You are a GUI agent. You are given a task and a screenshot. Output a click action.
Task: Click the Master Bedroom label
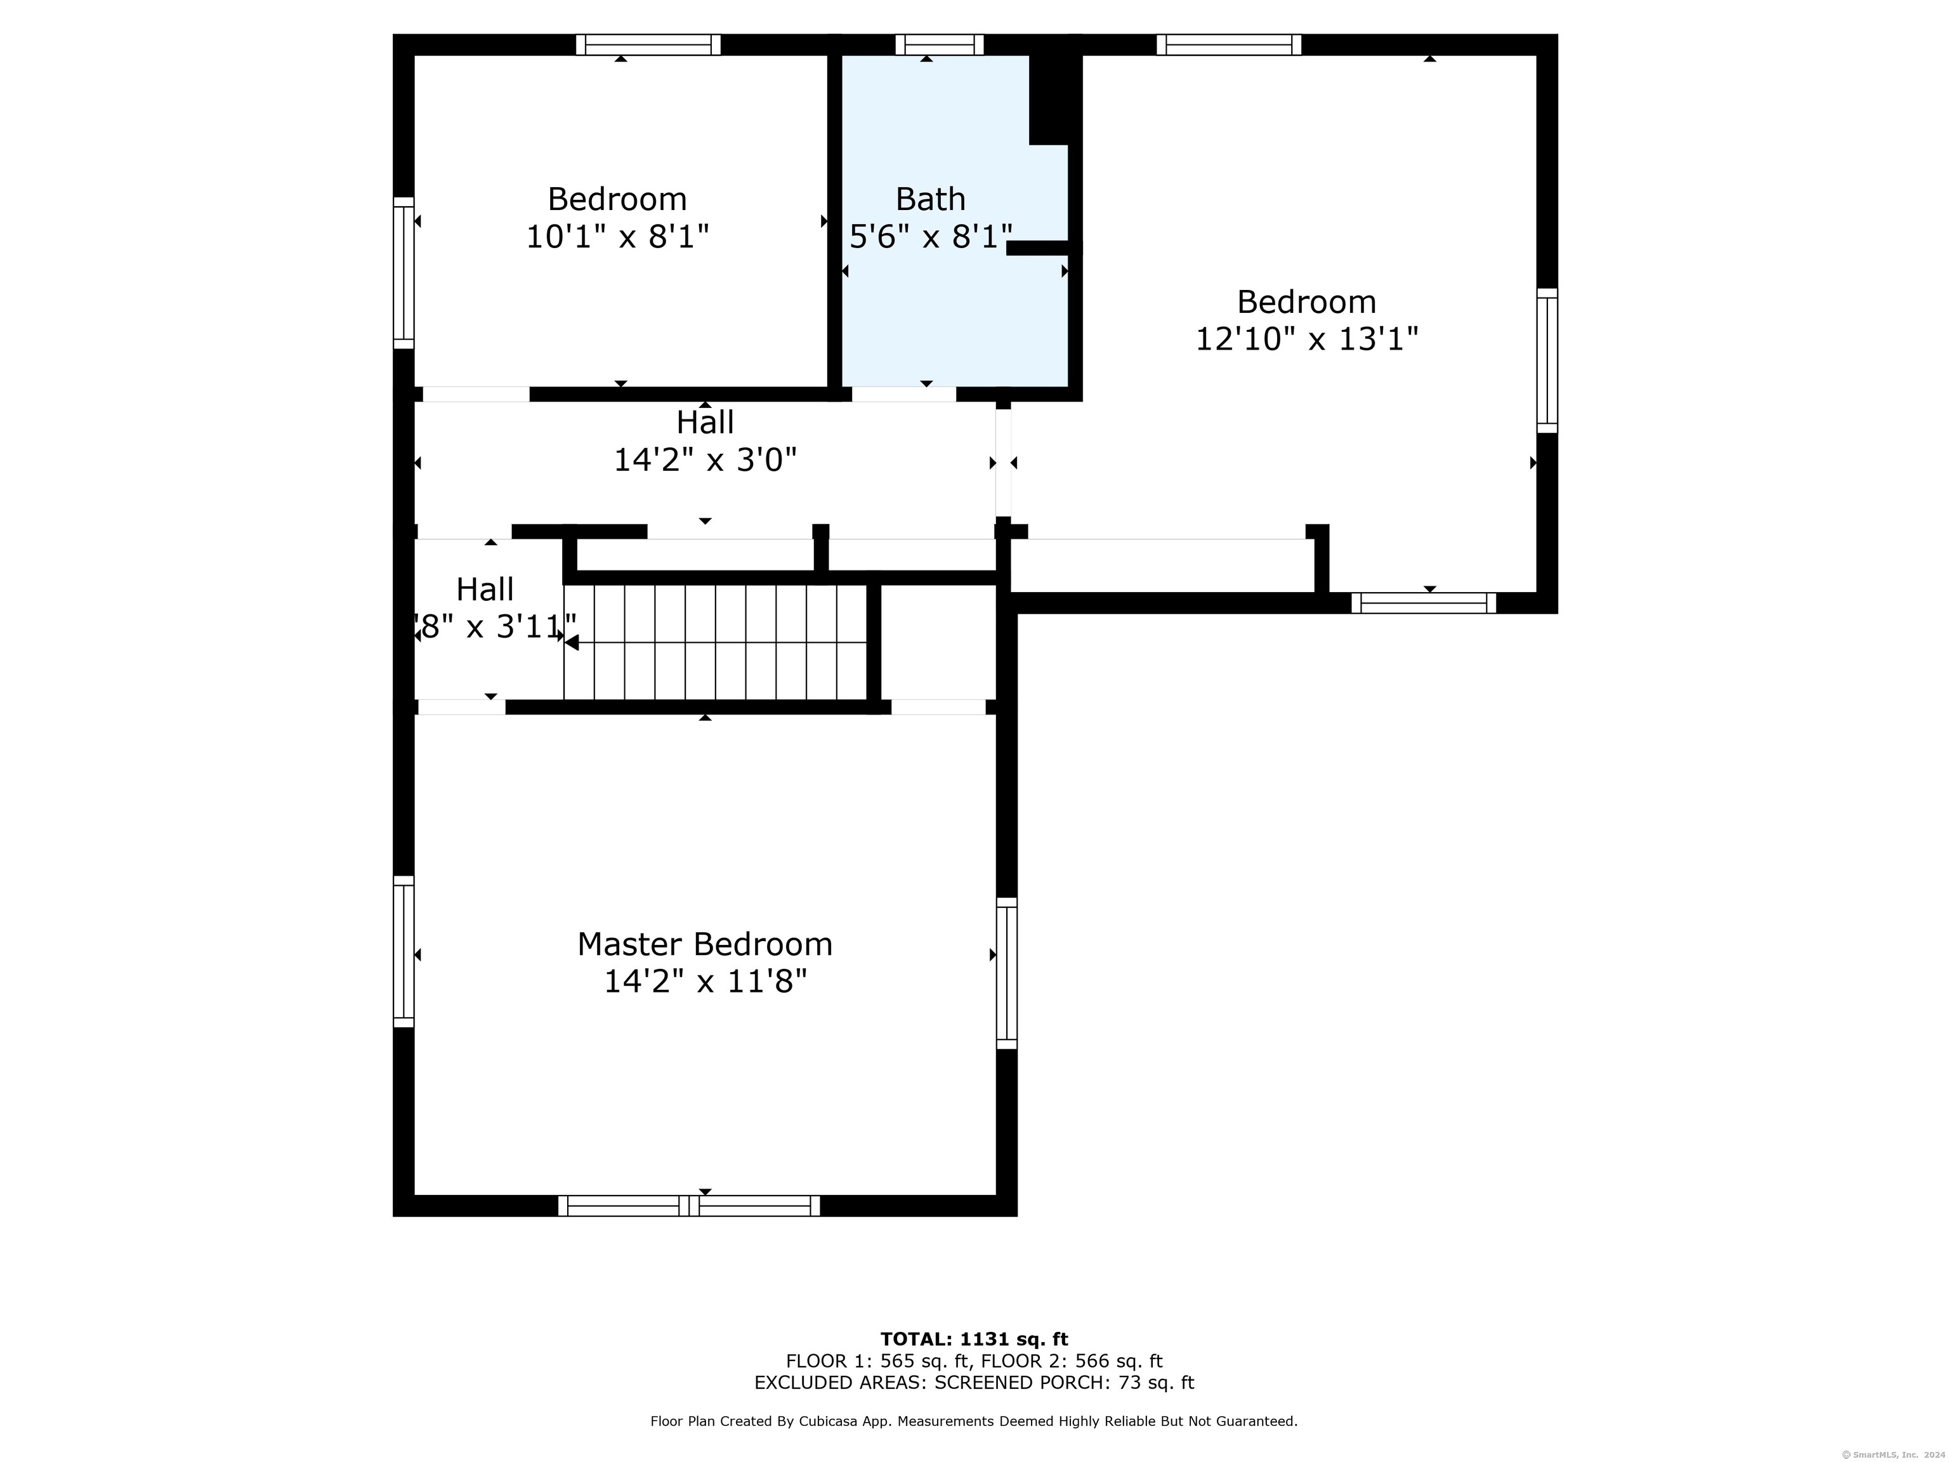point(704,944)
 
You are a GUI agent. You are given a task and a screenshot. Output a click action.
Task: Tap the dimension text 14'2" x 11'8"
point(704,981)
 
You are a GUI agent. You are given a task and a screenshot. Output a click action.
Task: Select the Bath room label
point(931,199)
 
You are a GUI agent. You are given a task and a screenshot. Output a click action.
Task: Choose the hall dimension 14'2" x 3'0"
point(704,460)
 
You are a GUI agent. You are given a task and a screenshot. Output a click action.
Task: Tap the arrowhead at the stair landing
point(572,642)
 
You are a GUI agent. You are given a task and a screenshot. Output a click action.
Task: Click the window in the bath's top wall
point(939,44)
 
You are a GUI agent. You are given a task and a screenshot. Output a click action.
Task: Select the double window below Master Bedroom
point(689,1206)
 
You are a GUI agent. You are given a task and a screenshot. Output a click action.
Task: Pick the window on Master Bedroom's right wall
point(1006,973)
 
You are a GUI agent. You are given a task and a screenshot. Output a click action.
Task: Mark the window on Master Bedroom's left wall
point(403,952)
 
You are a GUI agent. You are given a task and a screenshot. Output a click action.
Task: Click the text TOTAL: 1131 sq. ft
point(974,1340)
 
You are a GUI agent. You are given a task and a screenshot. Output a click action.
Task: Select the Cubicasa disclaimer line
point(974,1421)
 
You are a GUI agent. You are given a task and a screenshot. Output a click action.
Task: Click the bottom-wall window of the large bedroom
point(1423,603)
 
